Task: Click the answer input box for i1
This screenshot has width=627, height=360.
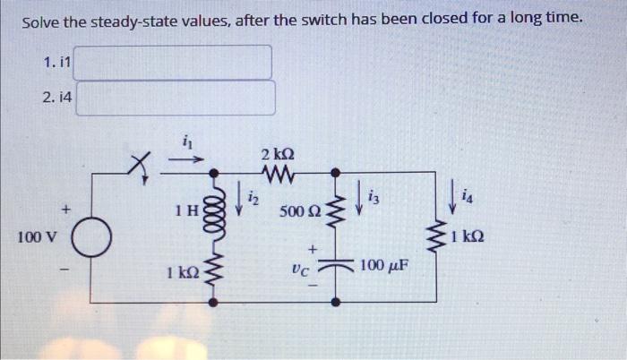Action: click(174, 62)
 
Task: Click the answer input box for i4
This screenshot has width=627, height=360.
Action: click(174, 98)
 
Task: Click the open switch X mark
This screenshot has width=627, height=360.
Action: click(138, 163)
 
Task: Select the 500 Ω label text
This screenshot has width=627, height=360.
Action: click(297, 212)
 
